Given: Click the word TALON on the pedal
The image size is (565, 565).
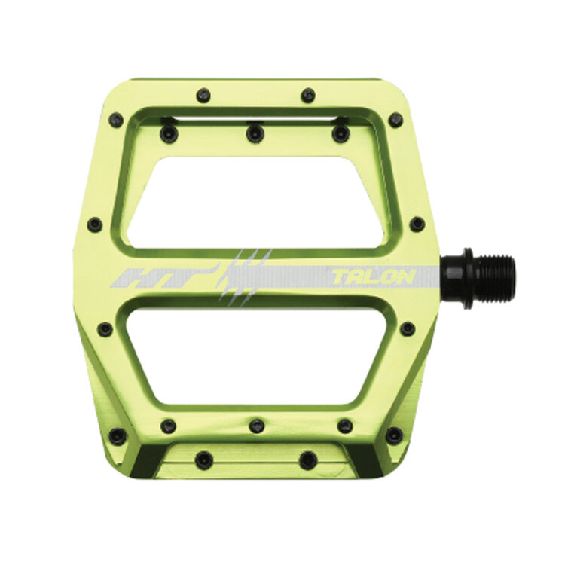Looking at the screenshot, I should [373, 276].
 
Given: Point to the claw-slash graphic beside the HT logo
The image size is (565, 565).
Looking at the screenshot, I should [243, 276].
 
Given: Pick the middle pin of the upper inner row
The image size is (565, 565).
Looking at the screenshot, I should [255, 133].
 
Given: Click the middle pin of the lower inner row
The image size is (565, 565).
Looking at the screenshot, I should [257, 426].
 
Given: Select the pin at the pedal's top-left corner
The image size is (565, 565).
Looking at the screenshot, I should [116, 119].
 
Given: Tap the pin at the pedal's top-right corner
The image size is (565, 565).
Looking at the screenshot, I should [395, 120].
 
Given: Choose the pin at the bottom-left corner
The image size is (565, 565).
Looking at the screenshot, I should [117, 435].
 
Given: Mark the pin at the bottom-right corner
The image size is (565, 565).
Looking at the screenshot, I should [393, 435].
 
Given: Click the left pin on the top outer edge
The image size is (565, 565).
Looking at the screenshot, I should [203, 96].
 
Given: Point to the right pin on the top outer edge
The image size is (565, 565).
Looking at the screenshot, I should [307, 96].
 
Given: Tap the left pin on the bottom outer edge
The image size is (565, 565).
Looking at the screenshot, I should [204, 460].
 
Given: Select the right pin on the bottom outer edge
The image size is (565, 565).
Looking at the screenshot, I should [307, 460].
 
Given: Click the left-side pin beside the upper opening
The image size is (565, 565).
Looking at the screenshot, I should [95, 224].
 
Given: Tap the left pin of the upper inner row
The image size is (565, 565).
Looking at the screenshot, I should [169, 134].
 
